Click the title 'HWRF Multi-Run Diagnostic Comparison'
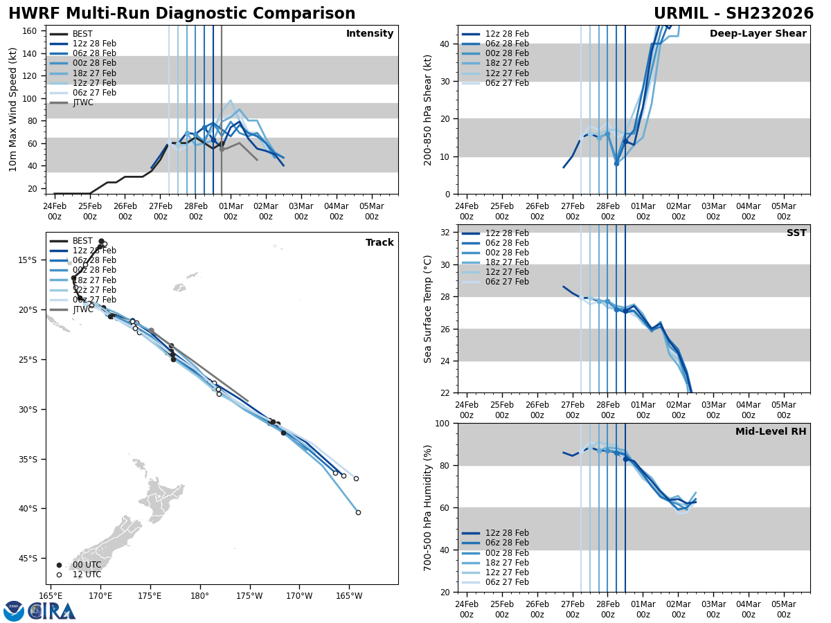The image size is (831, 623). (181, 14)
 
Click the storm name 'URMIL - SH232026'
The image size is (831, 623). (733, 14)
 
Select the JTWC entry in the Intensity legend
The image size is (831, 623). (82, 102)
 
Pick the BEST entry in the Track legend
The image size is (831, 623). (82, 241)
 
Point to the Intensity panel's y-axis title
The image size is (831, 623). (13, 109)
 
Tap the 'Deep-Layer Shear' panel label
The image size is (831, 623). (758, 34)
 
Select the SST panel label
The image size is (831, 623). (796, 233)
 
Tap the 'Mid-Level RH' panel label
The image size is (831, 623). (770, 432)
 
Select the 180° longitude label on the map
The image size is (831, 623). (199, 595)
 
